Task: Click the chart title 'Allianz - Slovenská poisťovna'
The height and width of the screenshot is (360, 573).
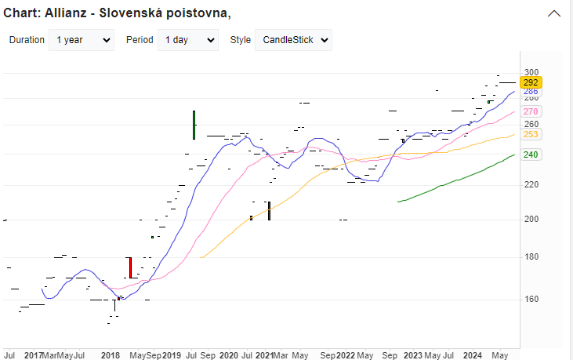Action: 118,14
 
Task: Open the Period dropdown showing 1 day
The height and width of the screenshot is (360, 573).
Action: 187,40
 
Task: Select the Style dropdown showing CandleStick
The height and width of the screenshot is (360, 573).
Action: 293,40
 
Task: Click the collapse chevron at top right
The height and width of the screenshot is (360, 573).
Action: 555,14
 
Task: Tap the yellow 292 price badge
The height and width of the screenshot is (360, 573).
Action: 531,82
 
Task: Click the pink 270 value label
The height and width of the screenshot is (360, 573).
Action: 531,112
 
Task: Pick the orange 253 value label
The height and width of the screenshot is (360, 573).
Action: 531,135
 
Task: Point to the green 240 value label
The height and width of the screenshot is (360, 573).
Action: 531,155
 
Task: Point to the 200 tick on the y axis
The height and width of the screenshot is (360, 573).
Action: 531,219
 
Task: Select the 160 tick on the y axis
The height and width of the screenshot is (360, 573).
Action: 531,299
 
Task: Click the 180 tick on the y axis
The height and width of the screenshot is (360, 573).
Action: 531,256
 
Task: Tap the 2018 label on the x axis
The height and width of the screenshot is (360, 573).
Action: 111,355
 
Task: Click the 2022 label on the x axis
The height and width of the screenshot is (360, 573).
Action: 346,355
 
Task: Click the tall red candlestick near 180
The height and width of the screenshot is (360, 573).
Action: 130,267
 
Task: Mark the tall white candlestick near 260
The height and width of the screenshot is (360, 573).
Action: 194,125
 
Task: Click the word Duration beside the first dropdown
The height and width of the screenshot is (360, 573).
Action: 27,40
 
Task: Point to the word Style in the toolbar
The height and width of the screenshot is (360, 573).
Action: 240,40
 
